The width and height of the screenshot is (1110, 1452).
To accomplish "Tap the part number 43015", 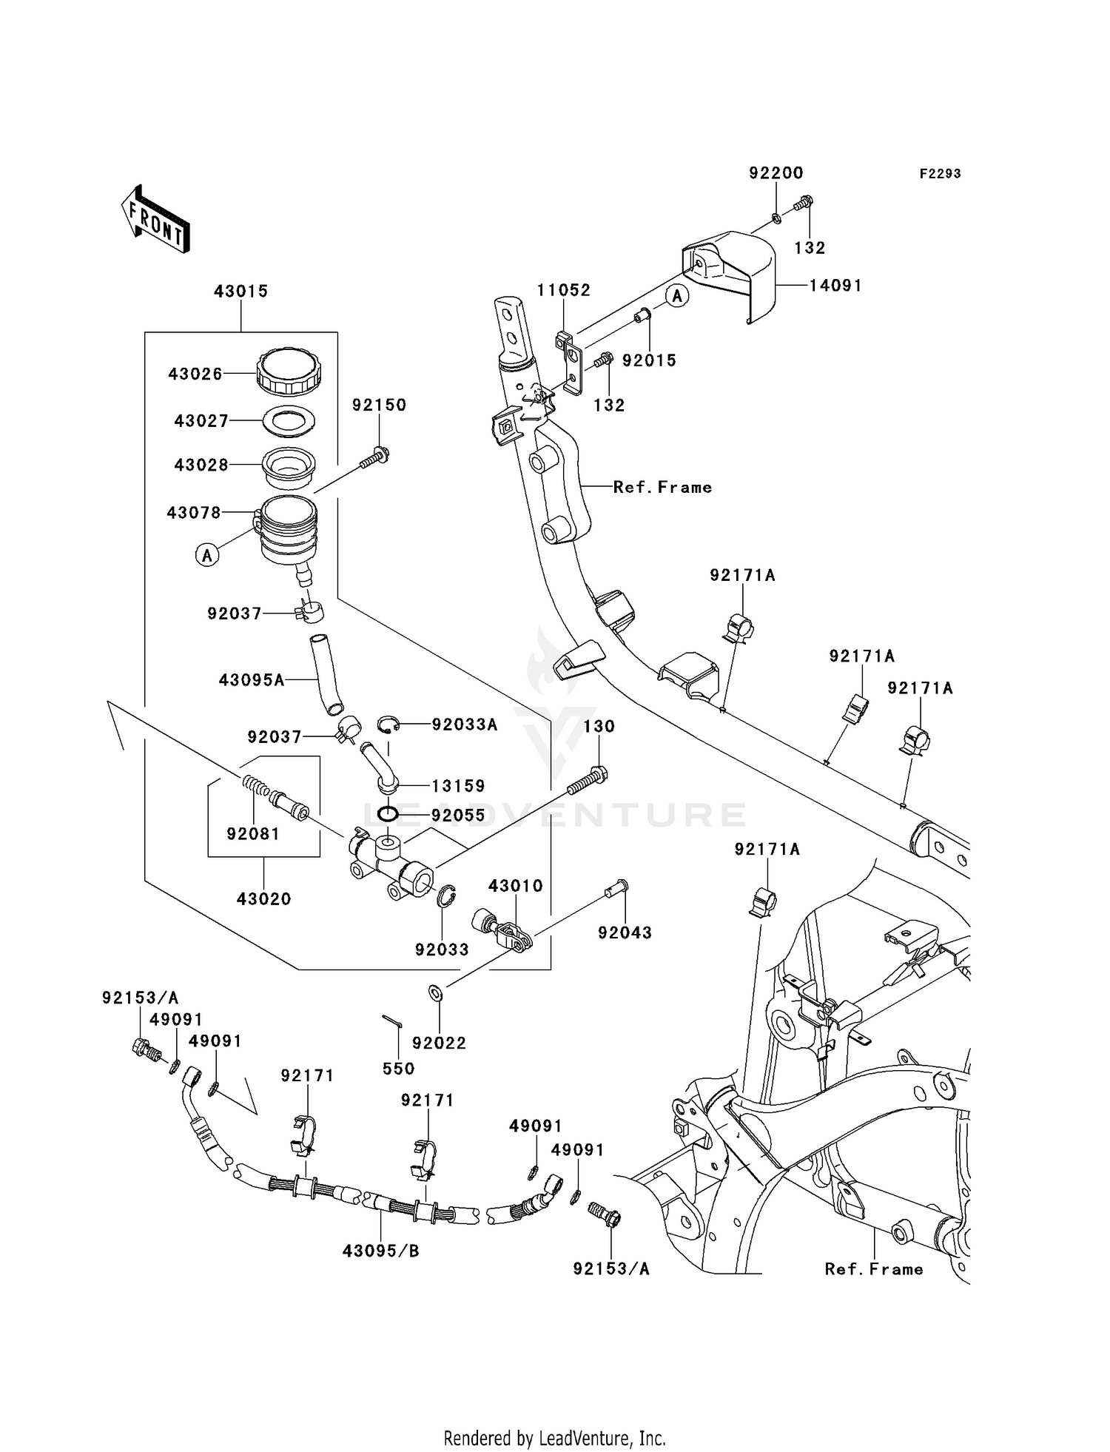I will coord(240,292).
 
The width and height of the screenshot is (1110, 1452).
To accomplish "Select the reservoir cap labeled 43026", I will coord(289,372).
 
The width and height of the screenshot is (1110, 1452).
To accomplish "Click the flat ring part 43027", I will coord(289,420).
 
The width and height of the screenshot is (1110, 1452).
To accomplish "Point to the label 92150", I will coord(379,405).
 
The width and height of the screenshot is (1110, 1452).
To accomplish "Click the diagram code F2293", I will coord(940,173).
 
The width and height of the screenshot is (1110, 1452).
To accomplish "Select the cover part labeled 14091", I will coord(729,274).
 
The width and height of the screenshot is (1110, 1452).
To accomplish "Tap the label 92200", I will coord(776,173).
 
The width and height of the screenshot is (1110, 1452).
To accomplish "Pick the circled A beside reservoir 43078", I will coord(207,554).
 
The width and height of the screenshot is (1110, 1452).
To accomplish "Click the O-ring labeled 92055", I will coord(388,815).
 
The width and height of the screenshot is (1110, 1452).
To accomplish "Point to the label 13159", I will coord(459,786).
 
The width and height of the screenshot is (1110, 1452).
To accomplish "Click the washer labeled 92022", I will coord(436,992).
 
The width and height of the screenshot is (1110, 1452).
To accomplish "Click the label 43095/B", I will coord(380,1251).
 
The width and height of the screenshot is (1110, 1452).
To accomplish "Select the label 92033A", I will coord(465,725).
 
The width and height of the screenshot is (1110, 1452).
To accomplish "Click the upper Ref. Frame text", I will coord(662,487).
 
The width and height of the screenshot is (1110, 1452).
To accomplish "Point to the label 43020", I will coord(264,899).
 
